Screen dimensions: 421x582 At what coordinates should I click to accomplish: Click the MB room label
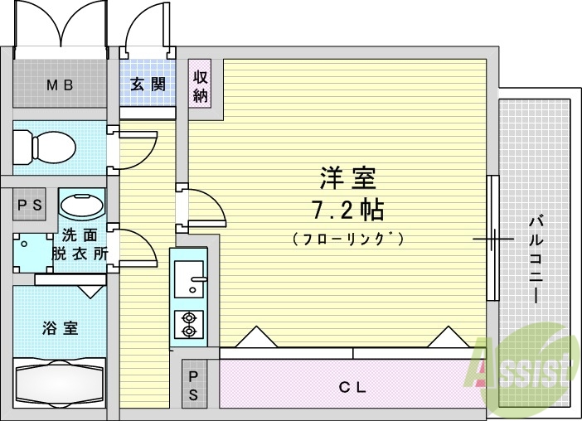(60, 84)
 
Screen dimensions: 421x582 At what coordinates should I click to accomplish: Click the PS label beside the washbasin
(31, 205)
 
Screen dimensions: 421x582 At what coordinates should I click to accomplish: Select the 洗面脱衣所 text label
(80, 245)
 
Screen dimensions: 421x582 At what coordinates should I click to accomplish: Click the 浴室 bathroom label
(60, 327)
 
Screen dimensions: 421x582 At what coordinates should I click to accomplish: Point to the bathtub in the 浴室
(60, 382)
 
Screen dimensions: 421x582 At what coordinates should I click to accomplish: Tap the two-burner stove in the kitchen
(189, 324)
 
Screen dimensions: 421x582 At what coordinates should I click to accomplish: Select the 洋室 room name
(347, 178)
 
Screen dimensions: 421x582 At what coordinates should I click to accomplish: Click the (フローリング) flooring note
(347, 239)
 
